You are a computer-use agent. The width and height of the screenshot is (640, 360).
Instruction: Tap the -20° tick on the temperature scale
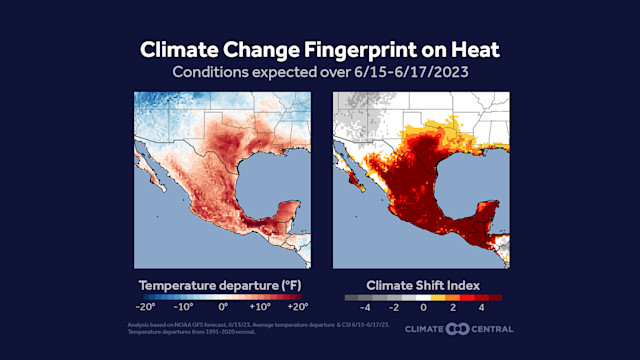146,309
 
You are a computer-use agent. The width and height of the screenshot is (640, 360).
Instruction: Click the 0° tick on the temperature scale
222,309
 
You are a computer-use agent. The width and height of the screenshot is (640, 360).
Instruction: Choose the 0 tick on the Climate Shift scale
424,309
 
